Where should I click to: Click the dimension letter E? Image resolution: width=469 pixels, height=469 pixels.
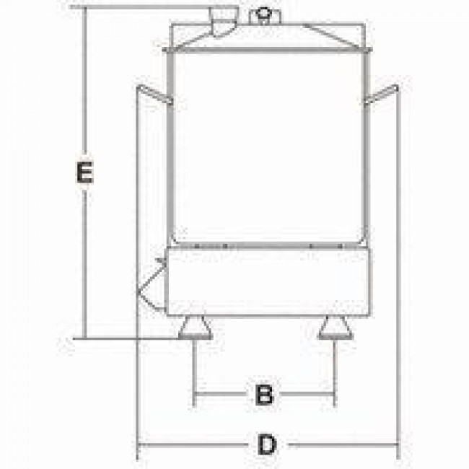(x=85, y=172)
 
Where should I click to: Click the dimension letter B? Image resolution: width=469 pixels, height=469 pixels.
(x=264, y=394)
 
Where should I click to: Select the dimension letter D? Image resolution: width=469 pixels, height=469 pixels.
(x=267, y=444)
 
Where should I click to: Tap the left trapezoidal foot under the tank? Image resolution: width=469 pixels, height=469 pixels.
(x=196, y=328)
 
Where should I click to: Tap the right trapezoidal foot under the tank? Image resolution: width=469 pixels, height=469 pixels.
(x=336, y=328)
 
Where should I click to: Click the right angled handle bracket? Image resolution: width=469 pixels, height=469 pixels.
(x=382, y=95)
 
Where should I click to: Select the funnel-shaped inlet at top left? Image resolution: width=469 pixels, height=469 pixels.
(x=224, y=22)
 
